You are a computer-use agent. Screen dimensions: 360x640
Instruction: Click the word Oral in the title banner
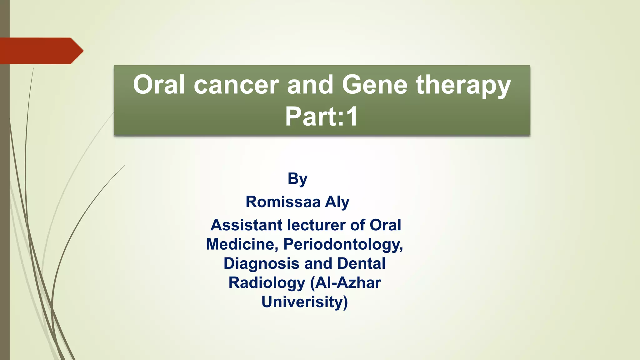tap(159, 85)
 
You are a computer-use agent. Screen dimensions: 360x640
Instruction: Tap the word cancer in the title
tap(236, 85)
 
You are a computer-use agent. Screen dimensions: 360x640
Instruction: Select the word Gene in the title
tap(375, 85)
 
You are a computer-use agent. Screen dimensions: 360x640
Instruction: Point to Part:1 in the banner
tap(322, 117)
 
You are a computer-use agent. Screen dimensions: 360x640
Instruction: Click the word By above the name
tap(297, 179)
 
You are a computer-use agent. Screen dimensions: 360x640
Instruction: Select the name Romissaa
tap(283, 202)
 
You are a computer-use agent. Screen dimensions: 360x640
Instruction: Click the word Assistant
tap(247, 225)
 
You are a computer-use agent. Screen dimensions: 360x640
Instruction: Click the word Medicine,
tap(242, 244)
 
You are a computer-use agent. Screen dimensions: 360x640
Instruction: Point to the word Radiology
tap(267, 283)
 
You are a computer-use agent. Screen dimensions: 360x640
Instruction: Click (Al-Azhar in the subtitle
tap(345, 283)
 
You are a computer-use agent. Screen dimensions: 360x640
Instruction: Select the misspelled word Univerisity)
tap(305, 302)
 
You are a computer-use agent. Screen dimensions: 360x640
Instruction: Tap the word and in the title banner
tap(310, 85)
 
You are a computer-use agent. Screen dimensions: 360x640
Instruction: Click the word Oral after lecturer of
tap(385, 225)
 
